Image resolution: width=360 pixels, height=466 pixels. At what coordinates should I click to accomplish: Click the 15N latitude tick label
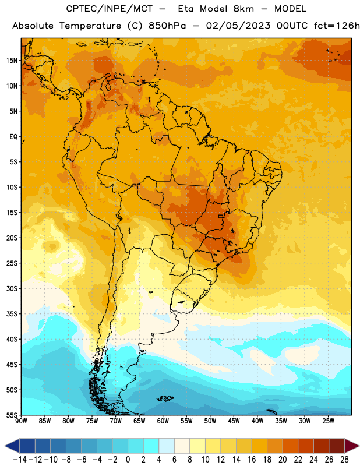[x=12, y=61]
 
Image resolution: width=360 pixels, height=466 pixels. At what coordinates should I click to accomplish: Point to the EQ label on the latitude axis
[x=13, y=137]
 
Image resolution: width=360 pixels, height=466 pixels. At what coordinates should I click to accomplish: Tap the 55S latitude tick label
[x=12, y=415]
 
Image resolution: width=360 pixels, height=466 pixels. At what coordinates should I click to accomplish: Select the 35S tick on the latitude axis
[x=12, y=314]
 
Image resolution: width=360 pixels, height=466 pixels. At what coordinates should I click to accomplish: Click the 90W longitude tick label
[x=21, y=421]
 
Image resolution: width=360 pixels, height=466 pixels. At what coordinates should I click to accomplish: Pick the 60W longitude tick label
[x=163, y=421]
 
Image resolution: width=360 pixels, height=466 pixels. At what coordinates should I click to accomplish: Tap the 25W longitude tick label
[x=328, y=421]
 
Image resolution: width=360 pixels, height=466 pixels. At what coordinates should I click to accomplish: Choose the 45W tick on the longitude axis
[x=234, y=421]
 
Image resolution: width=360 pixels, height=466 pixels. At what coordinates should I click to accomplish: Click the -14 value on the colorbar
[x=20, y=460]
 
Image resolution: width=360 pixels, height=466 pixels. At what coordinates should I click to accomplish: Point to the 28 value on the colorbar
[x=344, y=460]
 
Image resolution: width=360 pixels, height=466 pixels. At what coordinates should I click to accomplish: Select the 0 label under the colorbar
[x=128, y=460]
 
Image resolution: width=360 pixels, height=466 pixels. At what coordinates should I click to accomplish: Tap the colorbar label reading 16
[x=252, y=460]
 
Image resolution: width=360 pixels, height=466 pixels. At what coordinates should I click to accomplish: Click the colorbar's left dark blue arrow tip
[x=5, y=446]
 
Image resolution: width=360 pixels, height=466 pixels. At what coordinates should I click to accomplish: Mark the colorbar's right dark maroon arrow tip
[x=359, y=446]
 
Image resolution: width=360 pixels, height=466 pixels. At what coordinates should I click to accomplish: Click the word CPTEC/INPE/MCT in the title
[x=110, y=9]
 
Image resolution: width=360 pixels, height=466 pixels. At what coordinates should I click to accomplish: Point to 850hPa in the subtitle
[x=167, y=26]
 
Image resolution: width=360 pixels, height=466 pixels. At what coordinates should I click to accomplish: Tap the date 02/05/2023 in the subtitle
[x=238, y=26]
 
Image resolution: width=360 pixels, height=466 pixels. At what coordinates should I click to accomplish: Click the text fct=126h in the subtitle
[x=337, y=26]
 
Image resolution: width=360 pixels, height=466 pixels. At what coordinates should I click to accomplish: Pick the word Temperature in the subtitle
[x=90, y=26]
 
